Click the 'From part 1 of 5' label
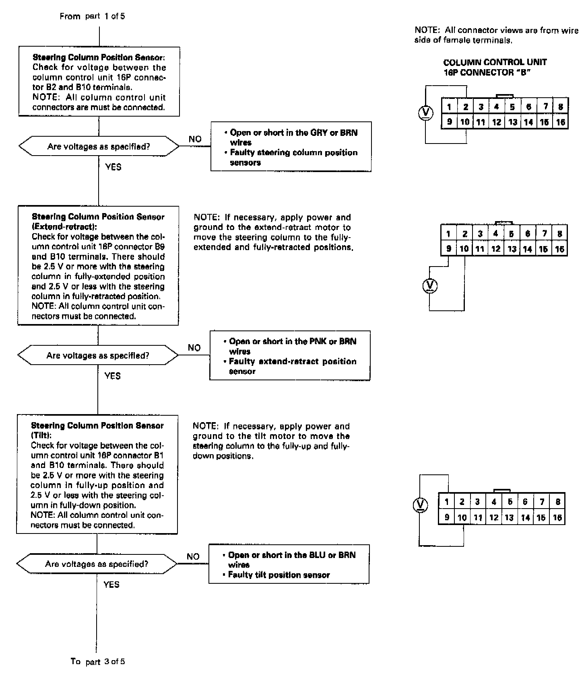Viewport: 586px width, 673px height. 92,16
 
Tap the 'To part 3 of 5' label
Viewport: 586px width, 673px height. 97,661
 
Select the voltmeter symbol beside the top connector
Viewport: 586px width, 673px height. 425,113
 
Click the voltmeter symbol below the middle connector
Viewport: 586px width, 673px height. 430,286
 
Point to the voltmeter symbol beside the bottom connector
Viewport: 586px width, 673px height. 420,505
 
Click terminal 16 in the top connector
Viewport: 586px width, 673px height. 561,122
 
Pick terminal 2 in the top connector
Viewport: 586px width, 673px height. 466,107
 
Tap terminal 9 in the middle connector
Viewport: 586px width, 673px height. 448,249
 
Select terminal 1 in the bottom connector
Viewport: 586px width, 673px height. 446,501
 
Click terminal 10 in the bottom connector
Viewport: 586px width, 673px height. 462,517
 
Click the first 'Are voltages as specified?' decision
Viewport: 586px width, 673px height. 99,147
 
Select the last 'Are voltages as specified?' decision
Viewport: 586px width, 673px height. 97,564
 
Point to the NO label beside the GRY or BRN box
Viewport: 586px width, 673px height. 195,139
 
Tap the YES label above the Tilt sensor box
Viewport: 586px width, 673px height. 112,376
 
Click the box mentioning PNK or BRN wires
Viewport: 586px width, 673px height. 290,356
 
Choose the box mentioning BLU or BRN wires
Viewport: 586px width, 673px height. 289,564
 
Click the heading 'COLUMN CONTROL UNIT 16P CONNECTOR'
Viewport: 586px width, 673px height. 495,68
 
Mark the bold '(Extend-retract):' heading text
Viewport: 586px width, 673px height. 64,227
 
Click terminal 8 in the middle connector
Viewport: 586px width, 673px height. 559,234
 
